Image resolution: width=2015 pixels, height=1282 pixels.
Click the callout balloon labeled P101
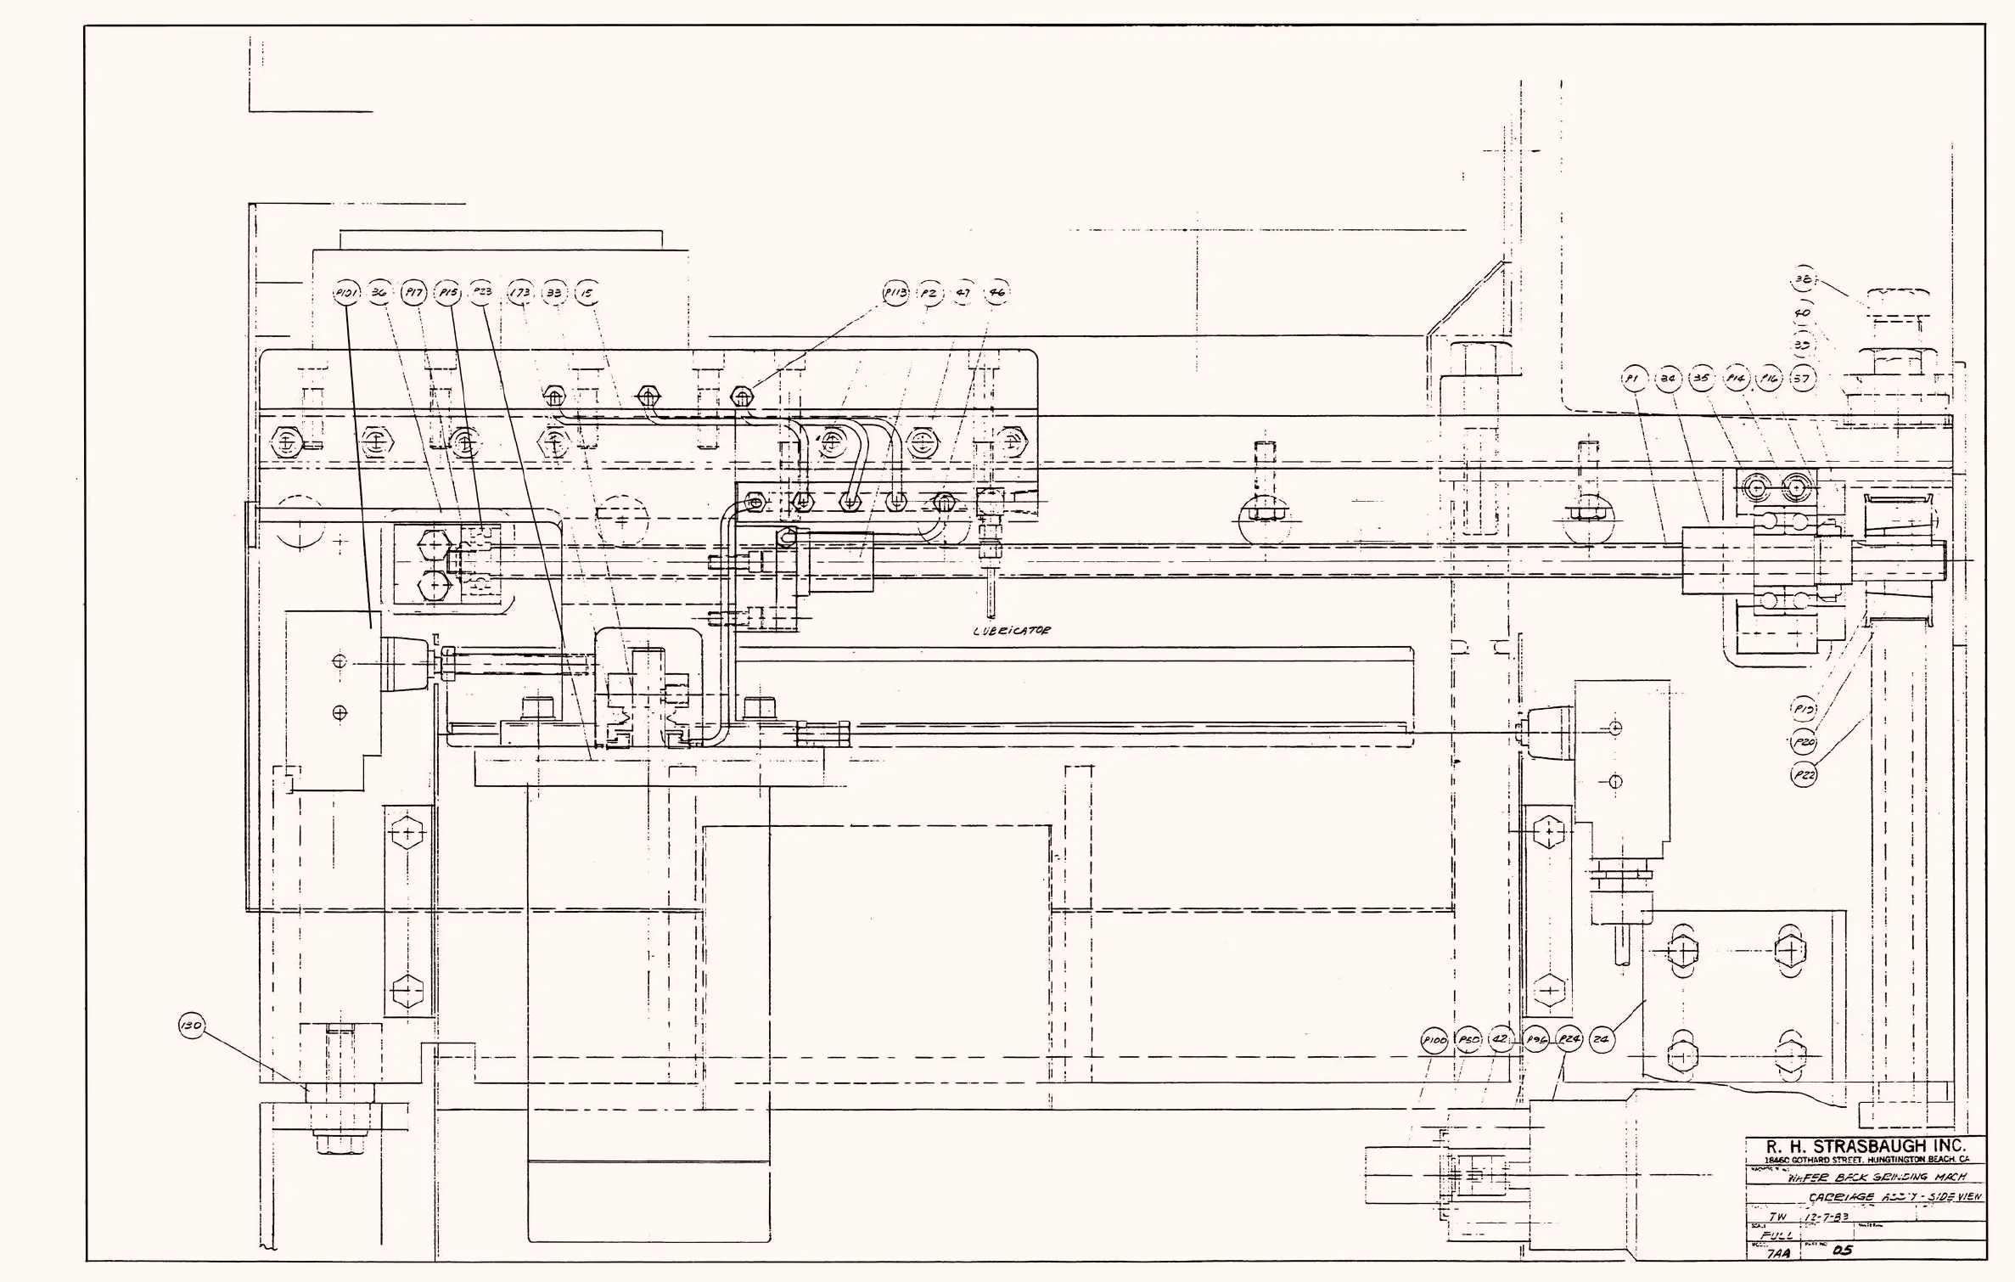click(347, 294)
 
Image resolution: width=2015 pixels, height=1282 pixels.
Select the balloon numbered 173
click(519, 294)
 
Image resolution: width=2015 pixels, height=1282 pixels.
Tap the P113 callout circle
click(895, 294)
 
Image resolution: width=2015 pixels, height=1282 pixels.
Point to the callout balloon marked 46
click(996, 294)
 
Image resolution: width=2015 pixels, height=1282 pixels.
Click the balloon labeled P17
click(414, 294)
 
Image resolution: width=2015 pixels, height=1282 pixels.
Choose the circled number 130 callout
click(192, 1026)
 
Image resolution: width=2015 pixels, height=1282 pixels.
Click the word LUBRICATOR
click(1012, 631)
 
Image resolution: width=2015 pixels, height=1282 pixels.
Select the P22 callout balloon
click(1804, 774)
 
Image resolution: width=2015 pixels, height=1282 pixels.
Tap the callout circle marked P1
click(1633, 379)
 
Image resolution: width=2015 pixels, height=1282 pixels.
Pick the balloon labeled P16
click(1770, 379)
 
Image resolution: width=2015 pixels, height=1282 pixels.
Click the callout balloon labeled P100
click(1434, 1041)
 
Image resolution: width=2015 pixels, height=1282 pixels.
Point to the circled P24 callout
click(1569, 1040)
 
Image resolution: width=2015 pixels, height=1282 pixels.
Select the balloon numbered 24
click(1602, 1040)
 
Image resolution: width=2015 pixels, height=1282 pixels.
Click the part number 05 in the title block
click(1842, 1250)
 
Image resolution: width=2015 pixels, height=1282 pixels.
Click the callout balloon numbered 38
click(1804, 278)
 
